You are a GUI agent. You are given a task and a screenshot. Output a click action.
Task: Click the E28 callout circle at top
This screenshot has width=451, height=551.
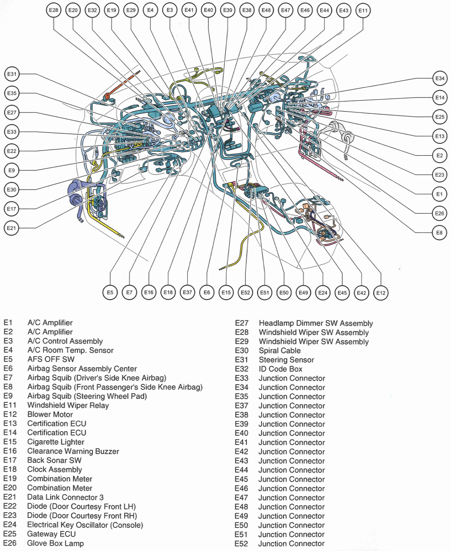tap(54, 10)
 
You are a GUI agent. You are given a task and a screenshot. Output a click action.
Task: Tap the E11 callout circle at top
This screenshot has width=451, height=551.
tap(363, 10)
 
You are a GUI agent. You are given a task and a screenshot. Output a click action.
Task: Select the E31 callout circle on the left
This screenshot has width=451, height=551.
tap(12, 74)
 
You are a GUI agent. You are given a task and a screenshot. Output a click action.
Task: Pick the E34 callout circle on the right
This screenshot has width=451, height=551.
tap(440, 78)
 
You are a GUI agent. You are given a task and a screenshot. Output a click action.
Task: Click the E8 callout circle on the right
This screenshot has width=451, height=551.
tap(439, 233)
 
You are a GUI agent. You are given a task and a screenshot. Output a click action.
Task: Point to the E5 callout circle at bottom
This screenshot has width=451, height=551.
tap(110, 293)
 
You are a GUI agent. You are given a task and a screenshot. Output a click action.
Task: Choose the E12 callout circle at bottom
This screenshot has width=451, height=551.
tap(381, 293)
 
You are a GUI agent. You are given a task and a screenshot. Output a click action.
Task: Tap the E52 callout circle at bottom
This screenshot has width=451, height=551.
tap(245, 293)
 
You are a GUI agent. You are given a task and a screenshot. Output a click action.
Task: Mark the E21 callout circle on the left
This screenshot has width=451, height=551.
tap(11, 228)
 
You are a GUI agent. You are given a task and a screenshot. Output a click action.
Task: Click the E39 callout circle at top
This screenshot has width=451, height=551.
tap(227, 10)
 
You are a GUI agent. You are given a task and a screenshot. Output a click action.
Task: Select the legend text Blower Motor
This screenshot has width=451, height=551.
tap(50, 414)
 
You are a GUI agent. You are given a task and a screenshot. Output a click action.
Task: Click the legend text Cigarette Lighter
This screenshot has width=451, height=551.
tap(55, 442)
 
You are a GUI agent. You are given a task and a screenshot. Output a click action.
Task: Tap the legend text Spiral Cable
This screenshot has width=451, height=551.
tap(279, 350)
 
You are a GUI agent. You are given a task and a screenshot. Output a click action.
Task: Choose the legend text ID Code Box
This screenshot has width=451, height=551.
tap(280, 369)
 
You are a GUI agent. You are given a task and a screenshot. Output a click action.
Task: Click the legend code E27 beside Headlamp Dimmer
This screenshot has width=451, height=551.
tap(241, 323)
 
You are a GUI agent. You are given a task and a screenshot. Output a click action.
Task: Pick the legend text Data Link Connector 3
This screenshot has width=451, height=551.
tap(65, 497)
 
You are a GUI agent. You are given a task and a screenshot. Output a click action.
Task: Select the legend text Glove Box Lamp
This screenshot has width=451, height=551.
tap(55, 543)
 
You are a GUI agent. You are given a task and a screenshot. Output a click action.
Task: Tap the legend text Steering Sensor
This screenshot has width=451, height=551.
tap(286, 360)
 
